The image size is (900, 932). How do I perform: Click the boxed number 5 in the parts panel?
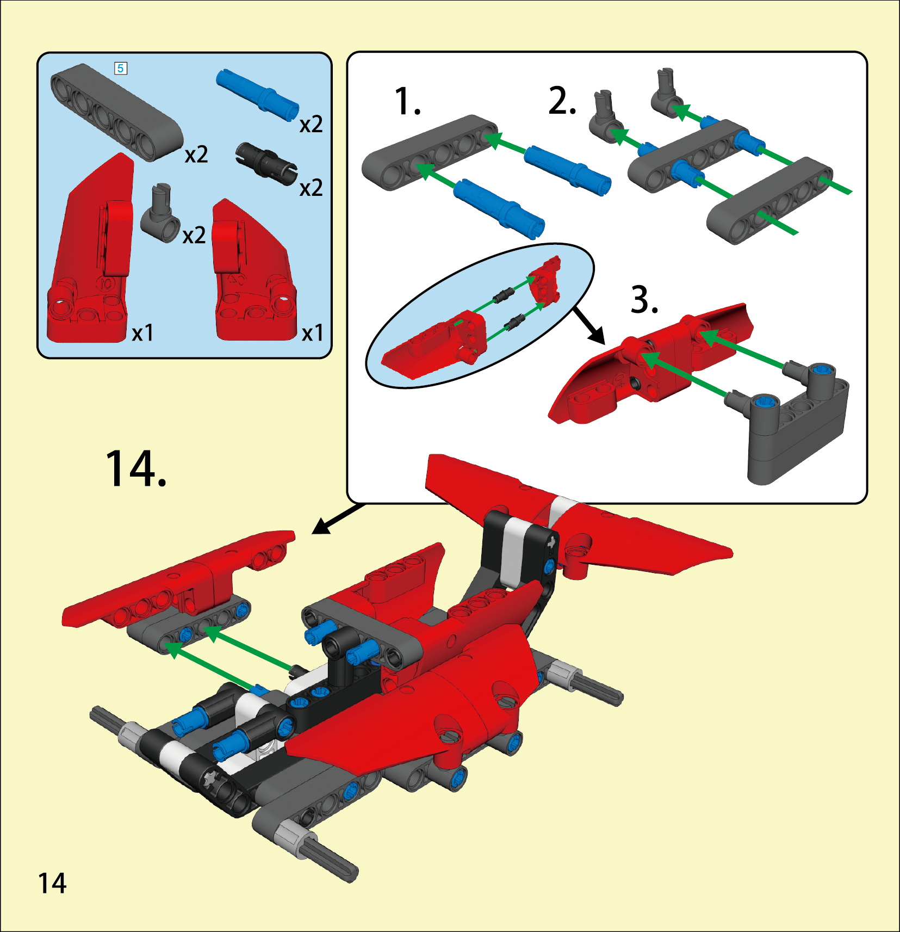click(121, 68)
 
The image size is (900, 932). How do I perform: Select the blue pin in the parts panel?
click(257, 94)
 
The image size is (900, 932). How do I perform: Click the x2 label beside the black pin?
click(311, 188)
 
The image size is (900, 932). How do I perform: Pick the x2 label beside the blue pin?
click(311, 125)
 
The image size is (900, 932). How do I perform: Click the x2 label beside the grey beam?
click(196, 155)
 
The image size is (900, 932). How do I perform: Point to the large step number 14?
click(135, 468)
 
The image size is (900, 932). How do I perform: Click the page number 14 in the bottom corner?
click(52, 883)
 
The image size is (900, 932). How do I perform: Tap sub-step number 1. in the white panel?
click(407, 101)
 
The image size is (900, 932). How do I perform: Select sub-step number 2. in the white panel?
click(562, 101)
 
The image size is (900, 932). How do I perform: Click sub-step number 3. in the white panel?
click(645, 300)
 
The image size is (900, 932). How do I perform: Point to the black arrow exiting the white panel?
click(338, 519)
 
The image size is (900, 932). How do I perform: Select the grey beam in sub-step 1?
click(430, 153)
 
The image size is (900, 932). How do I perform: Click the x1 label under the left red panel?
click(143, 333)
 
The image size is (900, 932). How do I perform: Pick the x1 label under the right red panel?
click(313, 333)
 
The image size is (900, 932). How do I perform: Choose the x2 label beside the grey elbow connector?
click(194, 236)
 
